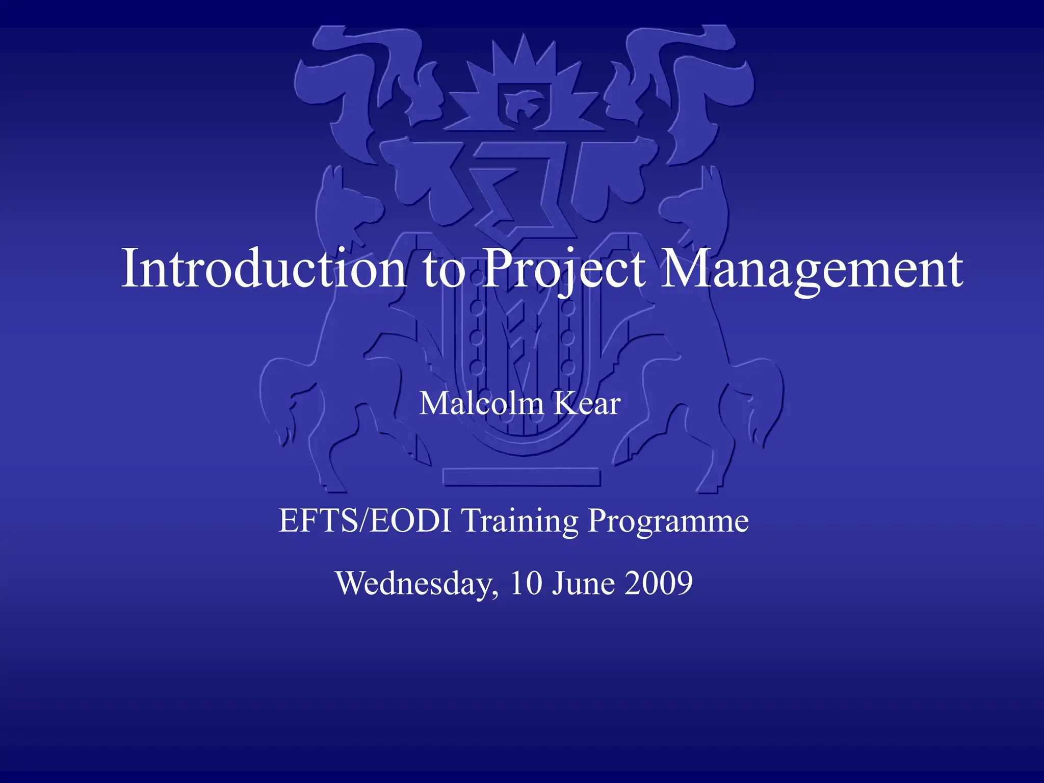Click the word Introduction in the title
point(263,269)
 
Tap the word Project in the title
point(564,269)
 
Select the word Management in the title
point(811,269)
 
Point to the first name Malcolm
point(481,404)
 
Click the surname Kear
point(587,404)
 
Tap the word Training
point(520,520)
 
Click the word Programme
point(668,520)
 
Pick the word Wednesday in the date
point(416,583)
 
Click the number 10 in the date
point(526,583)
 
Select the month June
point(584,583)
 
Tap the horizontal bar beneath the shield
point(521,477)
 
